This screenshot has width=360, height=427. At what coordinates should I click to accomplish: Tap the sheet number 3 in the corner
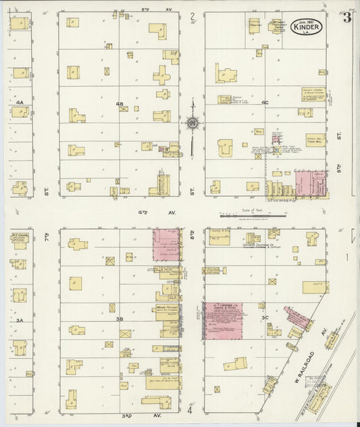(x=346, y=18)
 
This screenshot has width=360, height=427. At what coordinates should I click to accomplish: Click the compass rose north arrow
(x=192, y=122)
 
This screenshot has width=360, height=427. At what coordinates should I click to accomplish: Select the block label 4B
(x=120, y=103)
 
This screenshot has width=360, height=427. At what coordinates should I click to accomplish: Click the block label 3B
(x=120, y=319)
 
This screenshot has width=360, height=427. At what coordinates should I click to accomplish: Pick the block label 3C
(x=265, y=318)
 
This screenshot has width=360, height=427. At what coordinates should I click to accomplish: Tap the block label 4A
(x=20, y=102)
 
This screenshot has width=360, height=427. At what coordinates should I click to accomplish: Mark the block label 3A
(x=20, y=320)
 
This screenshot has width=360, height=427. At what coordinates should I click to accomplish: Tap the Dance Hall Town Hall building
(x=315, y=140)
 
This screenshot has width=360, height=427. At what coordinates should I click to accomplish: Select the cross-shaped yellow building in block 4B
(x=162, y=74)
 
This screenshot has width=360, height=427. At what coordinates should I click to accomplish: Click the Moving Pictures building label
(x=167, y=309)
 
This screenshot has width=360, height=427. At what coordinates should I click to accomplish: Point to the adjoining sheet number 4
(x=190, y=410)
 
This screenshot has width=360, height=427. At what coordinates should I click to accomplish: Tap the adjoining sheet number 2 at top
(x=192, y=16)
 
